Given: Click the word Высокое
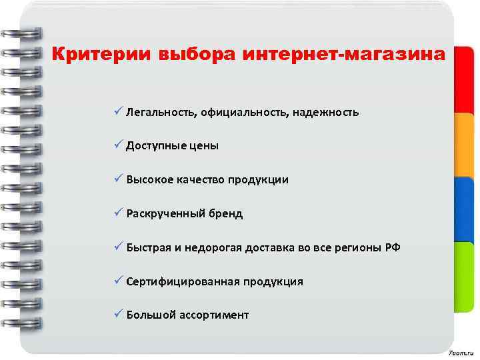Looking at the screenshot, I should [x=149, y=180].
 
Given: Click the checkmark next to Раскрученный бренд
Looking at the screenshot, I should [x=118, y=213].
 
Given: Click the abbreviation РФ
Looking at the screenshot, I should [x=393, y=248].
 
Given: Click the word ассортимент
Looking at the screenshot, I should [x=214, y=315].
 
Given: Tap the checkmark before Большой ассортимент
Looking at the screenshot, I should [x=118, y=315].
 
